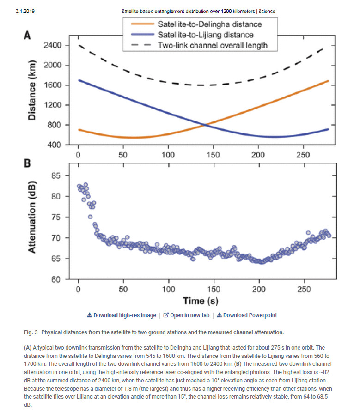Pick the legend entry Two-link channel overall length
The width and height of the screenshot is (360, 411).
pos(213,45)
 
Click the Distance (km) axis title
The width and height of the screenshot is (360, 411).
pos(32,95)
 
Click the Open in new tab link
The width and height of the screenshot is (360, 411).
pos(186,315)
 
